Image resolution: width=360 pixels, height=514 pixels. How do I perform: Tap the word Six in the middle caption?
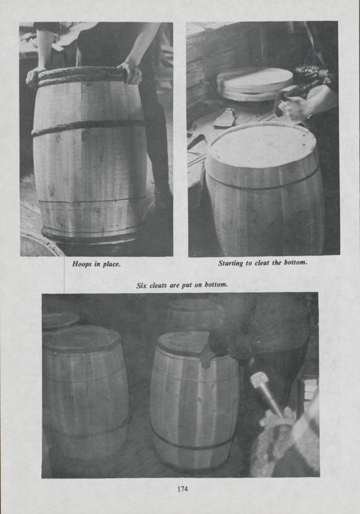[x=143, y=285]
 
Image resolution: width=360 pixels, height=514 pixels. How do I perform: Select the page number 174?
[x=182, y=490]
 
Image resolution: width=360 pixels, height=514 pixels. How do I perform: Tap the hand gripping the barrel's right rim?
[x=132, y=71]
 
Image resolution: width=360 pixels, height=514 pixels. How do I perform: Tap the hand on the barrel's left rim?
[x=34, y=76]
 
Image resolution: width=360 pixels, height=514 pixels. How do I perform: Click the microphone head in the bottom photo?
[x=259, y=380]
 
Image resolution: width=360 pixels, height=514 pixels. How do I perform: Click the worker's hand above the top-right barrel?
[x=294, y=109]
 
